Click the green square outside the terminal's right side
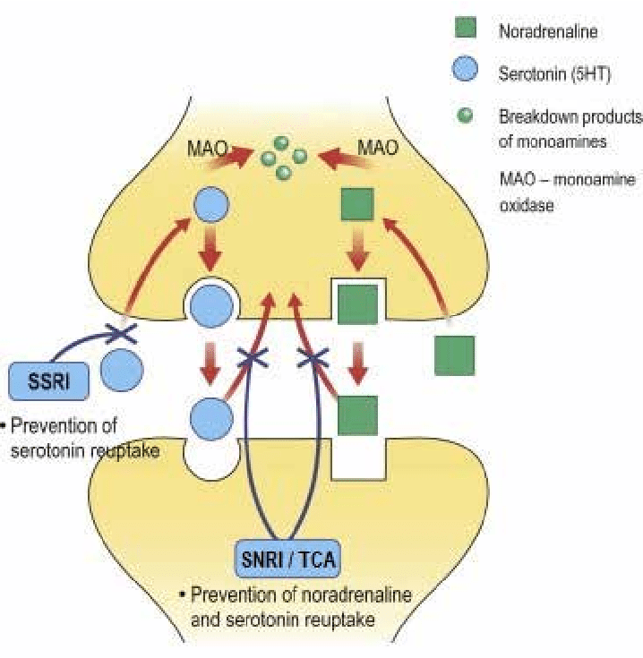[455, 355]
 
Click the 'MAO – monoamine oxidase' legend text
[566, 191]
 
